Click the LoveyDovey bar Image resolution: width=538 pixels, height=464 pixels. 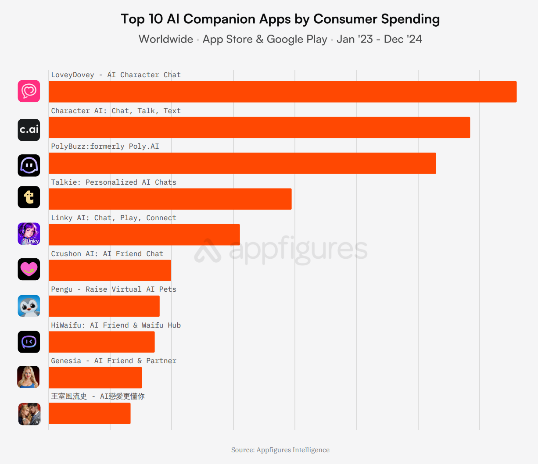point(283,92)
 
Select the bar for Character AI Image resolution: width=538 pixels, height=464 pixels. point(259,128)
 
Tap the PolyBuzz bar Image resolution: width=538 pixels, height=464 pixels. point(242,163)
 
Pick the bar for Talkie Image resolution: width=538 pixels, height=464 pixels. point(170,199)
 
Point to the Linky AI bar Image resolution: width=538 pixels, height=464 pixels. point(144,235)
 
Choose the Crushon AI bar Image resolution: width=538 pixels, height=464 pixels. point(110,271)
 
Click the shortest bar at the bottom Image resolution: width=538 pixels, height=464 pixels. point(90,414)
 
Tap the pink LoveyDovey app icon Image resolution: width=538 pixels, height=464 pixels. point(29,91)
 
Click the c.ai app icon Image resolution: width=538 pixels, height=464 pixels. point(29,130)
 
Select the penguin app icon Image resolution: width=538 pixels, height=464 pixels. point(29,306)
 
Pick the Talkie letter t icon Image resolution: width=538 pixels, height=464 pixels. point(29,197)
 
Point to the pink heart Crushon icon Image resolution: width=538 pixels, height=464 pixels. point(29,269)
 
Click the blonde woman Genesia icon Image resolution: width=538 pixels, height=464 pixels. point(29,377)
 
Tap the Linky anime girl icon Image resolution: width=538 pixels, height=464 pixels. point(29,234)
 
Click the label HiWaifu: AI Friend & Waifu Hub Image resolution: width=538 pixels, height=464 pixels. point(116,325)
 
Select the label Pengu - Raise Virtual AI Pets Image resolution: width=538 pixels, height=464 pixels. point(114,289)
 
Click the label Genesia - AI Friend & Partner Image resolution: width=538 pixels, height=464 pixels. point(114,361)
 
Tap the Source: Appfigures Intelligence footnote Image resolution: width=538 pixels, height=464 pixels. point(280,450)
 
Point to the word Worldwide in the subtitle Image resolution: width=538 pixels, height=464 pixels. point(166,39)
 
